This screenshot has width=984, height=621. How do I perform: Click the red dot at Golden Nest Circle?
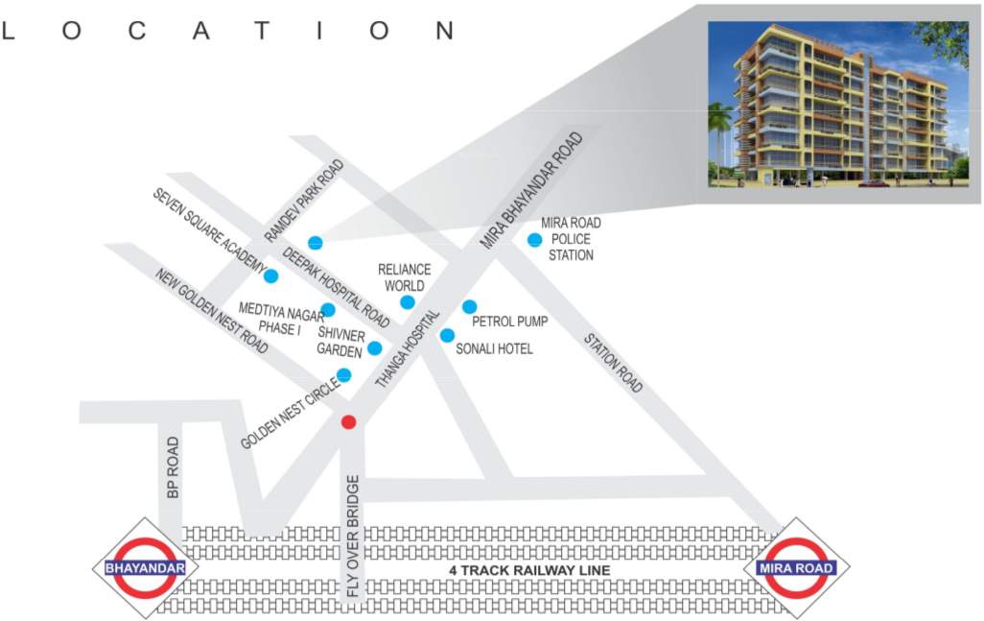(349, 421)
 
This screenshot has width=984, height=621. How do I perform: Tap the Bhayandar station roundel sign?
(145, 568)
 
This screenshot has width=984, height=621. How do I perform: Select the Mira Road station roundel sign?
(796, 568)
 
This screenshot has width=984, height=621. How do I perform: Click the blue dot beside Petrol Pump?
(469, 306)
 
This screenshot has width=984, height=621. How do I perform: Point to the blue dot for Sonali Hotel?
(447, 335)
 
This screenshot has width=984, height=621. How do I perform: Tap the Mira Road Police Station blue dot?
(534, 239)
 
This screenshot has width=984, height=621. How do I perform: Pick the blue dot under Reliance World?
(408, 302)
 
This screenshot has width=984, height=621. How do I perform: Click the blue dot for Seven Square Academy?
(270, 276)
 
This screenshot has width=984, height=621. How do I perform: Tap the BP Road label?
(173, 467)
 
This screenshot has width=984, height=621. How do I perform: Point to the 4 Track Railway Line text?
(530, 570)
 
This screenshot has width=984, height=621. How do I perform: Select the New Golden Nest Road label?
(212, 309)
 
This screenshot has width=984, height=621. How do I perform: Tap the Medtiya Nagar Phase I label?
(281, 319)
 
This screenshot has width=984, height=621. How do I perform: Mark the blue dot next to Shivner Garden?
(374, 348)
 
